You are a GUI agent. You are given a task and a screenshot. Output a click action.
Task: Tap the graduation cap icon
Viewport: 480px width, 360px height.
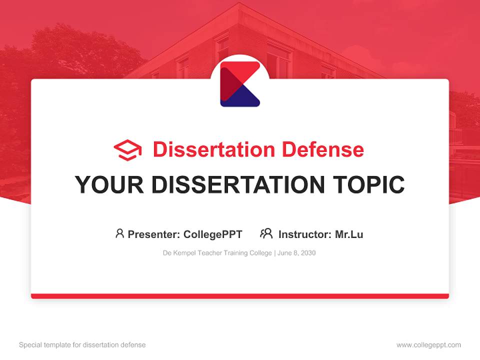(x=127, y=150)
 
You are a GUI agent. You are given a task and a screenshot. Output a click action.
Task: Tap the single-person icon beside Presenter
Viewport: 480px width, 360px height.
(x=119, y=233)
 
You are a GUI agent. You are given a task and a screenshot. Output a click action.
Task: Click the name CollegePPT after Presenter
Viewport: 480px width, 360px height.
(x=213, y=234)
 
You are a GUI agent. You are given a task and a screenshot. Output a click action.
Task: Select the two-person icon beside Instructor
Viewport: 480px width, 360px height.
(x=266, y=233)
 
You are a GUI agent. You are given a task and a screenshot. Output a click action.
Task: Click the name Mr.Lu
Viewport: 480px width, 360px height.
(x=349, y=234)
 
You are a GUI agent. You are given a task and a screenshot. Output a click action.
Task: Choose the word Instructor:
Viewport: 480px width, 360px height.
(x=305, y=234)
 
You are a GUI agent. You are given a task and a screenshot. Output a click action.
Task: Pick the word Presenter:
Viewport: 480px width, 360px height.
(x=154, y=234)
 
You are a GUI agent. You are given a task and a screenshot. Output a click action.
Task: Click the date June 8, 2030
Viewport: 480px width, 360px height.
(x=297, y=253)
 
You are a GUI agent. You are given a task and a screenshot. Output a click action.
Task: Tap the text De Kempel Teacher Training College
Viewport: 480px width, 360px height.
(x=217, y=253)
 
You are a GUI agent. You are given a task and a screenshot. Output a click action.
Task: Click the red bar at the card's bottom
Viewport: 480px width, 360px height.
(x=240, y=296)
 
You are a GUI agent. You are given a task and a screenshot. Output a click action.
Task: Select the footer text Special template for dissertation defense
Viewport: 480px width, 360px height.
(x=82, y=345)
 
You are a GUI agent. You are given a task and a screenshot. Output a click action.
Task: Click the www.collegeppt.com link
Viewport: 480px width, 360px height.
(x=428, y=345)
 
